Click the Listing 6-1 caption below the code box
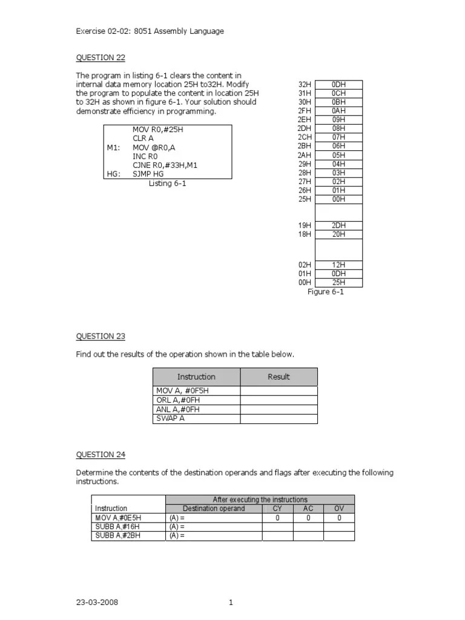[168, 183]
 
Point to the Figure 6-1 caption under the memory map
[326, 292]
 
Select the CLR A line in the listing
[143, 139]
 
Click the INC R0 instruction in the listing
[145, 156]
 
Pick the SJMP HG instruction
[148, 174]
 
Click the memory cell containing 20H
[338, 234]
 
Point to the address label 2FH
[305, 111]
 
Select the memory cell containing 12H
[338, 265]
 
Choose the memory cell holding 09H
[338, 120]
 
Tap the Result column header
[279, 377]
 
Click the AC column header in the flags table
[308, 509]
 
